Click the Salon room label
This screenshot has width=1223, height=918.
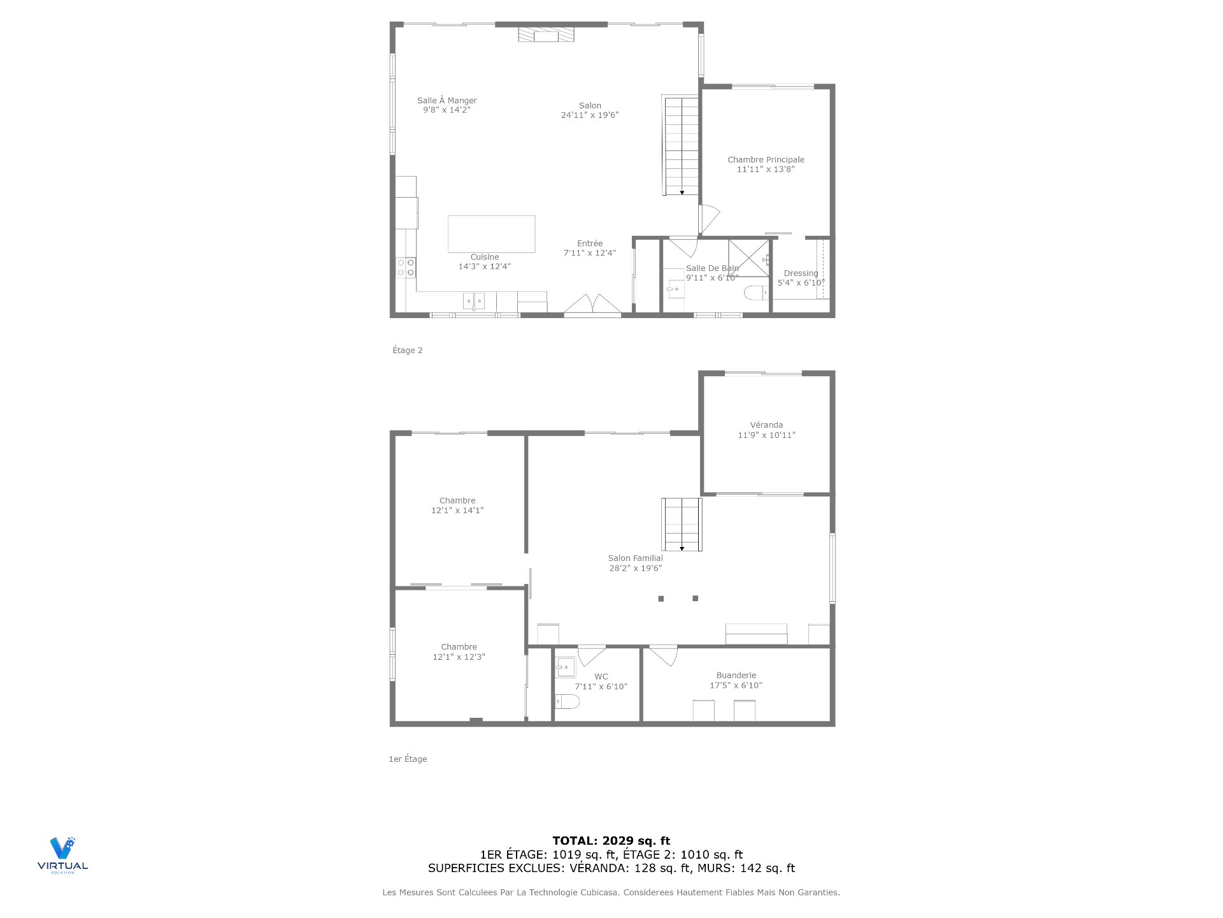590,106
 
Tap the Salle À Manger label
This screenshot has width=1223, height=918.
447,101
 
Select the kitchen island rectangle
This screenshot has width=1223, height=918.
491,233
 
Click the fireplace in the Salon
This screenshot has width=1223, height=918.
546,34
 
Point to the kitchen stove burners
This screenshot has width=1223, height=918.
406,267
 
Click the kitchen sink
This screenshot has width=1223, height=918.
473,300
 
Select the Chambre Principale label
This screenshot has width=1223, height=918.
766,160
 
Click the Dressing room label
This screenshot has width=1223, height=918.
801,273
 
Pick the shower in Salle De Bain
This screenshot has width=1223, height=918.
749,258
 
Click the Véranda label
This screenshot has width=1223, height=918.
766,425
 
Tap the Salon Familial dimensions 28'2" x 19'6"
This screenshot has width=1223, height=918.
636,568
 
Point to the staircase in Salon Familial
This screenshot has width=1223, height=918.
682,524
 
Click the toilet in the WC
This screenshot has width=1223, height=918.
567,702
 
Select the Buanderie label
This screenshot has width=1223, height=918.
736,676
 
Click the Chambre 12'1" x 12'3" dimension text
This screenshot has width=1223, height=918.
459,657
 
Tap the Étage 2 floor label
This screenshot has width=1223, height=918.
407,350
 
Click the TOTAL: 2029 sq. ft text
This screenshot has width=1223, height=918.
611,841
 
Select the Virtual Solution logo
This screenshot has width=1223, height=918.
62,855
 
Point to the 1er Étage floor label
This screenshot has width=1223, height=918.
408,759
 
